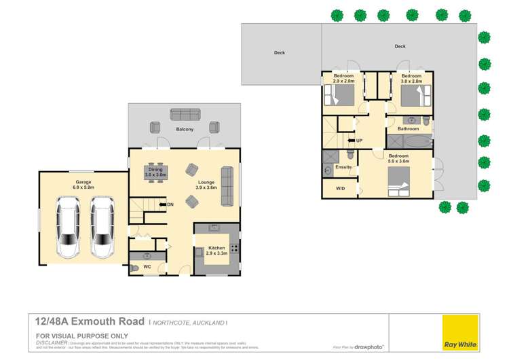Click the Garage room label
pos(83,181)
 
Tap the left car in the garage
pos(69,228)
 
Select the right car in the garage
pos(102,228)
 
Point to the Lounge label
pos(206,182)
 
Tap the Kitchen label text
pos(216,249)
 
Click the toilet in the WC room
pos(135,269)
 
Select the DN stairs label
pos(170,204)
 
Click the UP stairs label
pos(359,141)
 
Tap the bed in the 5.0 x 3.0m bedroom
pos(401,181)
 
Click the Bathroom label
pos(408,128)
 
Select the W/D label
pos(340,188)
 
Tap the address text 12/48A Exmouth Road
pos(90,321)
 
